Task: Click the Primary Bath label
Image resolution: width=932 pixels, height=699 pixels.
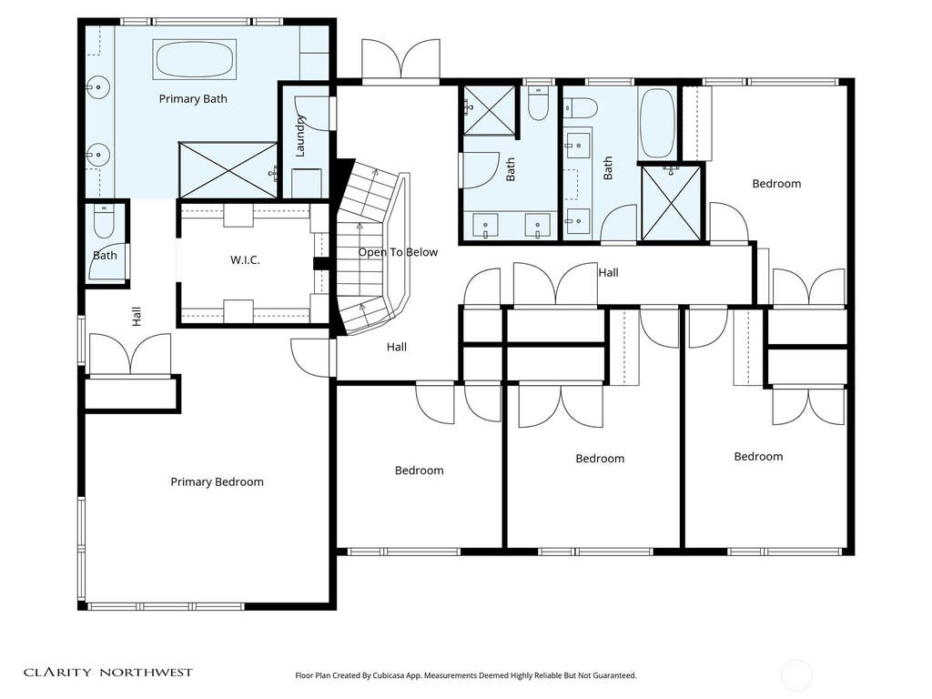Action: (x=193, y=98)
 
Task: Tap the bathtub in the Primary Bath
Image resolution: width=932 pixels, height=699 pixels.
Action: (x=195, y=59)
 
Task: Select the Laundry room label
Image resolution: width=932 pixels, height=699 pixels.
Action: (x=300, y=137)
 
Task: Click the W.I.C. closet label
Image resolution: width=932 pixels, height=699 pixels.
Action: (x=245, y=259)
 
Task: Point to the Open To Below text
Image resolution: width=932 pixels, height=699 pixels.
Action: (x=398, y=252)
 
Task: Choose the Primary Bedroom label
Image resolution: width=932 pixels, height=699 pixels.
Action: (x=217, y=481)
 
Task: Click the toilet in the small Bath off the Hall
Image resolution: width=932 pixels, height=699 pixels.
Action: (x=104, y=220)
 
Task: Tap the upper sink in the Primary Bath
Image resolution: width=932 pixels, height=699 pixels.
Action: (x=98, y=88)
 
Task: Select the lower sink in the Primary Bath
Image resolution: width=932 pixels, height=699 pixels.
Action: (x=98, y=155)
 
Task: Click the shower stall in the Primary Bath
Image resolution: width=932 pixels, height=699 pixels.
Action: (x=228, y=170)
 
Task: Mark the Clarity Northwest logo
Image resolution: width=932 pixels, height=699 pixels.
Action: (x=108, y=673)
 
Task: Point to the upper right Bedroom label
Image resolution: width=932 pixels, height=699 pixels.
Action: (x=776, y=184)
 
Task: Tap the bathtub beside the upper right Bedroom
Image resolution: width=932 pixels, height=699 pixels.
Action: (x=657, y=123)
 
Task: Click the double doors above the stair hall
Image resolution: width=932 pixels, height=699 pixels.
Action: (x=401, y=60)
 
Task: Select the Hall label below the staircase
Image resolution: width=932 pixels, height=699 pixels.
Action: (x=397, y=347)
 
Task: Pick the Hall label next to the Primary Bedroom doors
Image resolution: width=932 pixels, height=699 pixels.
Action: (x=137, y=316)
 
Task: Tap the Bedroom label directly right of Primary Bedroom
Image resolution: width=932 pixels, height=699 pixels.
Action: (x=419, y=471)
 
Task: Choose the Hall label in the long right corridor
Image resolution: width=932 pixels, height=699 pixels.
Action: (x=608, y=272)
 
